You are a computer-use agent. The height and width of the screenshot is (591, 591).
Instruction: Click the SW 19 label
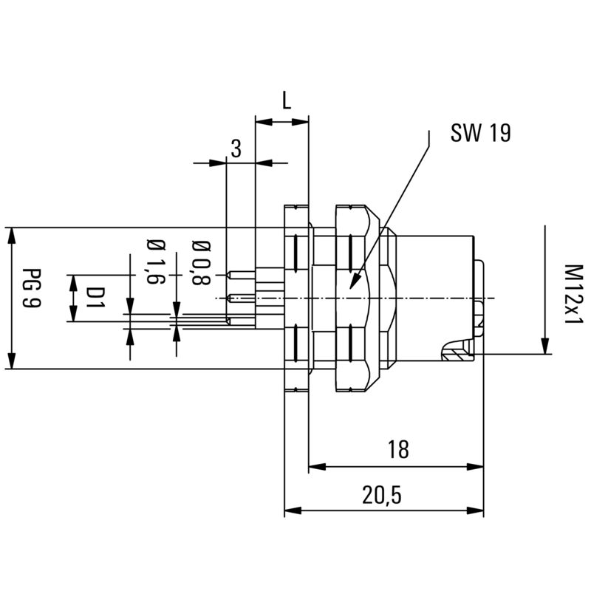481,132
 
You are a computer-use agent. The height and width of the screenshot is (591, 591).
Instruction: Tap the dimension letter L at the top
287,101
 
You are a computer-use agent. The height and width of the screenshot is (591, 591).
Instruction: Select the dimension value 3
236,148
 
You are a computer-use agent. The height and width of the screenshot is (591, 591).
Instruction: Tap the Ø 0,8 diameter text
199,263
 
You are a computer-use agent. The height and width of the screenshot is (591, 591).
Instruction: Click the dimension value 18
397,449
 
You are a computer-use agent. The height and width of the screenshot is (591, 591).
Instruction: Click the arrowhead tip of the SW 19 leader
352,289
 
